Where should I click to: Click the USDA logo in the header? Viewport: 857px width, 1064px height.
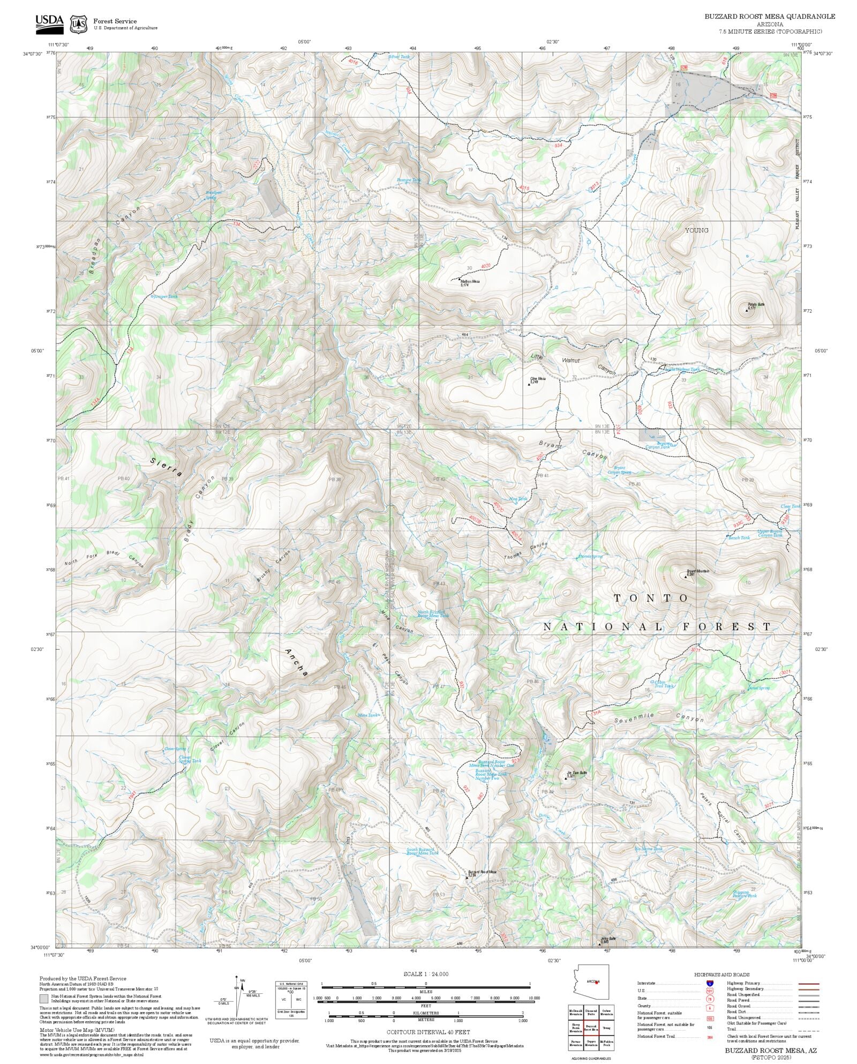(x=49, y=22)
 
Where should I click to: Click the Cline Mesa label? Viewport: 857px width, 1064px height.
(x=537, y=379)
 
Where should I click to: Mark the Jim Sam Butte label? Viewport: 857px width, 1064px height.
(x=577, y=774)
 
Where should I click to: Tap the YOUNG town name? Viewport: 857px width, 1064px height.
(x=696, y=230)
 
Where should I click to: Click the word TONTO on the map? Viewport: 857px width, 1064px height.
(x=651, y=598)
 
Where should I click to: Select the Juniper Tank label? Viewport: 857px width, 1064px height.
(x=165, y=296)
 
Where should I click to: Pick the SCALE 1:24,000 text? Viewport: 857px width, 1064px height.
(x=426, y=974)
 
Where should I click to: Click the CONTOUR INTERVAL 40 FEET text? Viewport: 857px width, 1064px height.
(x=428, y=1031)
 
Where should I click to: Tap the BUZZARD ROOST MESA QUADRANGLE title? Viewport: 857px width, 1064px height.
(x=769, y=17)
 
